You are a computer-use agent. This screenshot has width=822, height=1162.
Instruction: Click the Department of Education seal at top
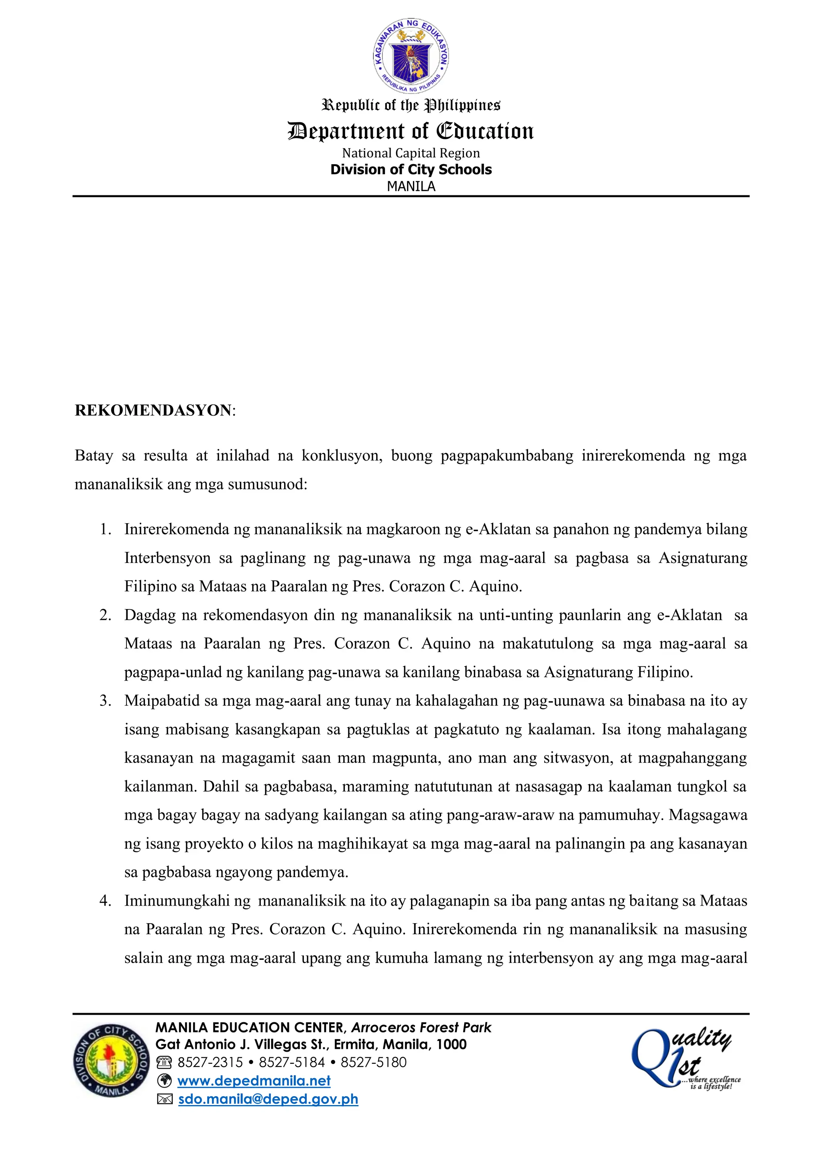click(x=411, y=55)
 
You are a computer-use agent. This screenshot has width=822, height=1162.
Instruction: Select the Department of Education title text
click(x=411, y=131)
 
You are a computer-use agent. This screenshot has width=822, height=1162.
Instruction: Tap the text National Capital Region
click(x=411, y=153)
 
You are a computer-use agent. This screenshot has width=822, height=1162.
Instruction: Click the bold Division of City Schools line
click(x=411, y=170)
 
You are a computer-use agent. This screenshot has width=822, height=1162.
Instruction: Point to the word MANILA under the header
click(x=411, y=186)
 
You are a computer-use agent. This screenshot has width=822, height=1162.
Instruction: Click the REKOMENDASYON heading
click(x=153, y=410)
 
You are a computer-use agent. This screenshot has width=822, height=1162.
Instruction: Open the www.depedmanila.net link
click(x=254, y=1081)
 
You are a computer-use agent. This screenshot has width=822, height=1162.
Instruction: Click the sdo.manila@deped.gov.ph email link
click(x=268, y=1099)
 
